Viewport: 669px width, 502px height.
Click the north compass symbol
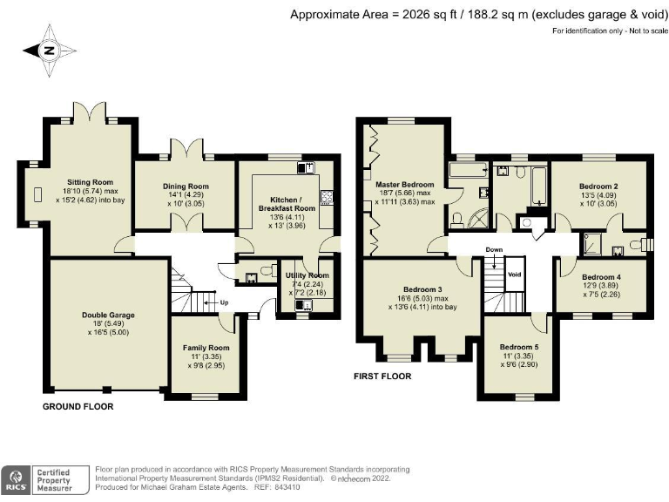49,50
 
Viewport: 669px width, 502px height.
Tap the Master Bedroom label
404,185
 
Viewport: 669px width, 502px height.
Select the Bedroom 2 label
598,186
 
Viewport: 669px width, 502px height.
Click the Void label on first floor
514,273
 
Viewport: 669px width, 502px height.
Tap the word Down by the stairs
494,249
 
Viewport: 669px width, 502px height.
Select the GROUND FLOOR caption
78,407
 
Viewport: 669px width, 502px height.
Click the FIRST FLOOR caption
382,376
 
